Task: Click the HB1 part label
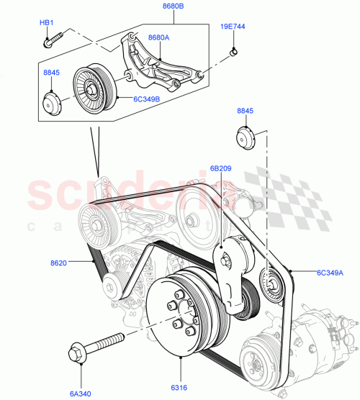click(47, 23)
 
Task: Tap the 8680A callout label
click(159, 36)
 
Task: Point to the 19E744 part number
click(233, 26)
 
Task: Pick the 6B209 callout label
click(220, 169)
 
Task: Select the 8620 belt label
click(59, 263)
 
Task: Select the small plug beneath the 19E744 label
click(234, 51)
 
